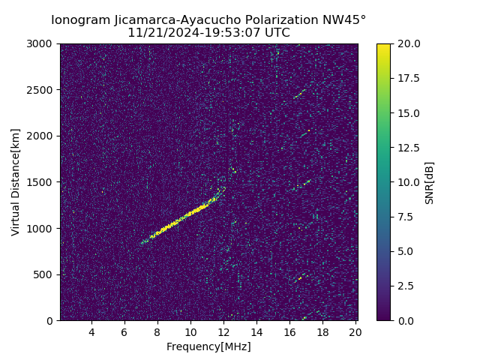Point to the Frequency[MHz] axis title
pos(208,346)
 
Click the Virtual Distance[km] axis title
pos(16,181)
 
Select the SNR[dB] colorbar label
pos(430,182)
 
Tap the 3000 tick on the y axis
pos(42,44)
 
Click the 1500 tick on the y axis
pos(42,182)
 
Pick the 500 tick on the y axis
pos(45,274)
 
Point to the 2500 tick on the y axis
pos(42,90)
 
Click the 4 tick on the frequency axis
pos(91,331)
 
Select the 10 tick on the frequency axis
pos(190,331)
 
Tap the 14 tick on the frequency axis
pos(256,331)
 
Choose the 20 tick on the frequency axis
pos(355,331)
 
